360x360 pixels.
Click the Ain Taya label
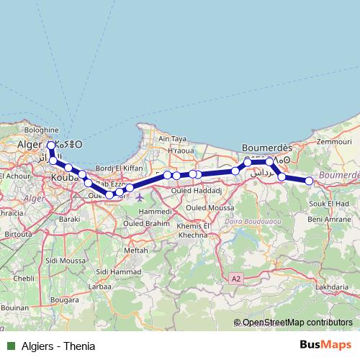click(x=173, y=139)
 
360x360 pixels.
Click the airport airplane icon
click(x=139, y=197)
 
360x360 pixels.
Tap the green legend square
click(x=11, y=346)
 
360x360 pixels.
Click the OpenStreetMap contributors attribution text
click(x=297, y=323)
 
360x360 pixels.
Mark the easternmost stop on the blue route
click(x=309, y=181)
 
